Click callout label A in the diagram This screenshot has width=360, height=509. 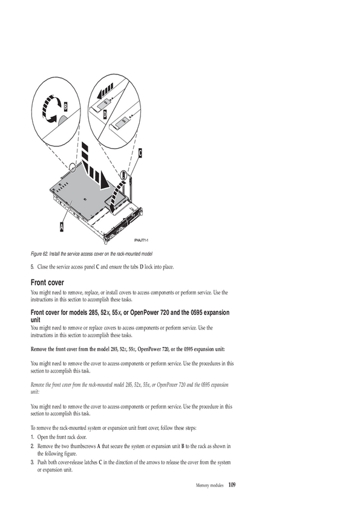tap(61, 227)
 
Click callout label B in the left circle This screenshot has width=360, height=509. tap(65, 106)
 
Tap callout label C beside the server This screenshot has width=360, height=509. tap(140, 152)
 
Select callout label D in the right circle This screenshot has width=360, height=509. tap(105, 114)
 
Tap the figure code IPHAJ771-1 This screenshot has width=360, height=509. tap(141, 240)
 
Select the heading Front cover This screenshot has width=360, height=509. tap(47, 282)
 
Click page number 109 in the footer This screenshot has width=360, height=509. tap(232, 485)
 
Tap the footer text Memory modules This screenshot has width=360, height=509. tap(209, 485)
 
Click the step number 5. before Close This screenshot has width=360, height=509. tap(33, 267)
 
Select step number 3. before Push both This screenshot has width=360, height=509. tap(33, 462)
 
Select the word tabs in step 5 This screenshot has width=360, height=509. tap(134, 267)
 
